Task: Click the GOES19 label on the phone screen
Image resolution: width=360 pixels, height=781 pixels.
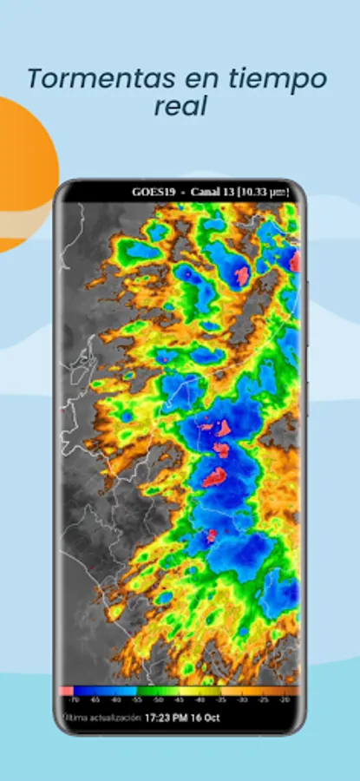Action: pos(152,192)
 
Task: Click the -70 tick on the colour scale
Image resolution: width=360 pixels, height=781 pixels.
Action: pos(75,698)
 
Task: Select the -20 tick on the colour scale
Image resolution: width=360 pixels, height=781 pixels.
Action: pos(287,698)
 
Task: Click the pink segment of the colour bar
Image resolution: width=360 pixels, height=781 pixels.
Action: pos(68,690)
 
